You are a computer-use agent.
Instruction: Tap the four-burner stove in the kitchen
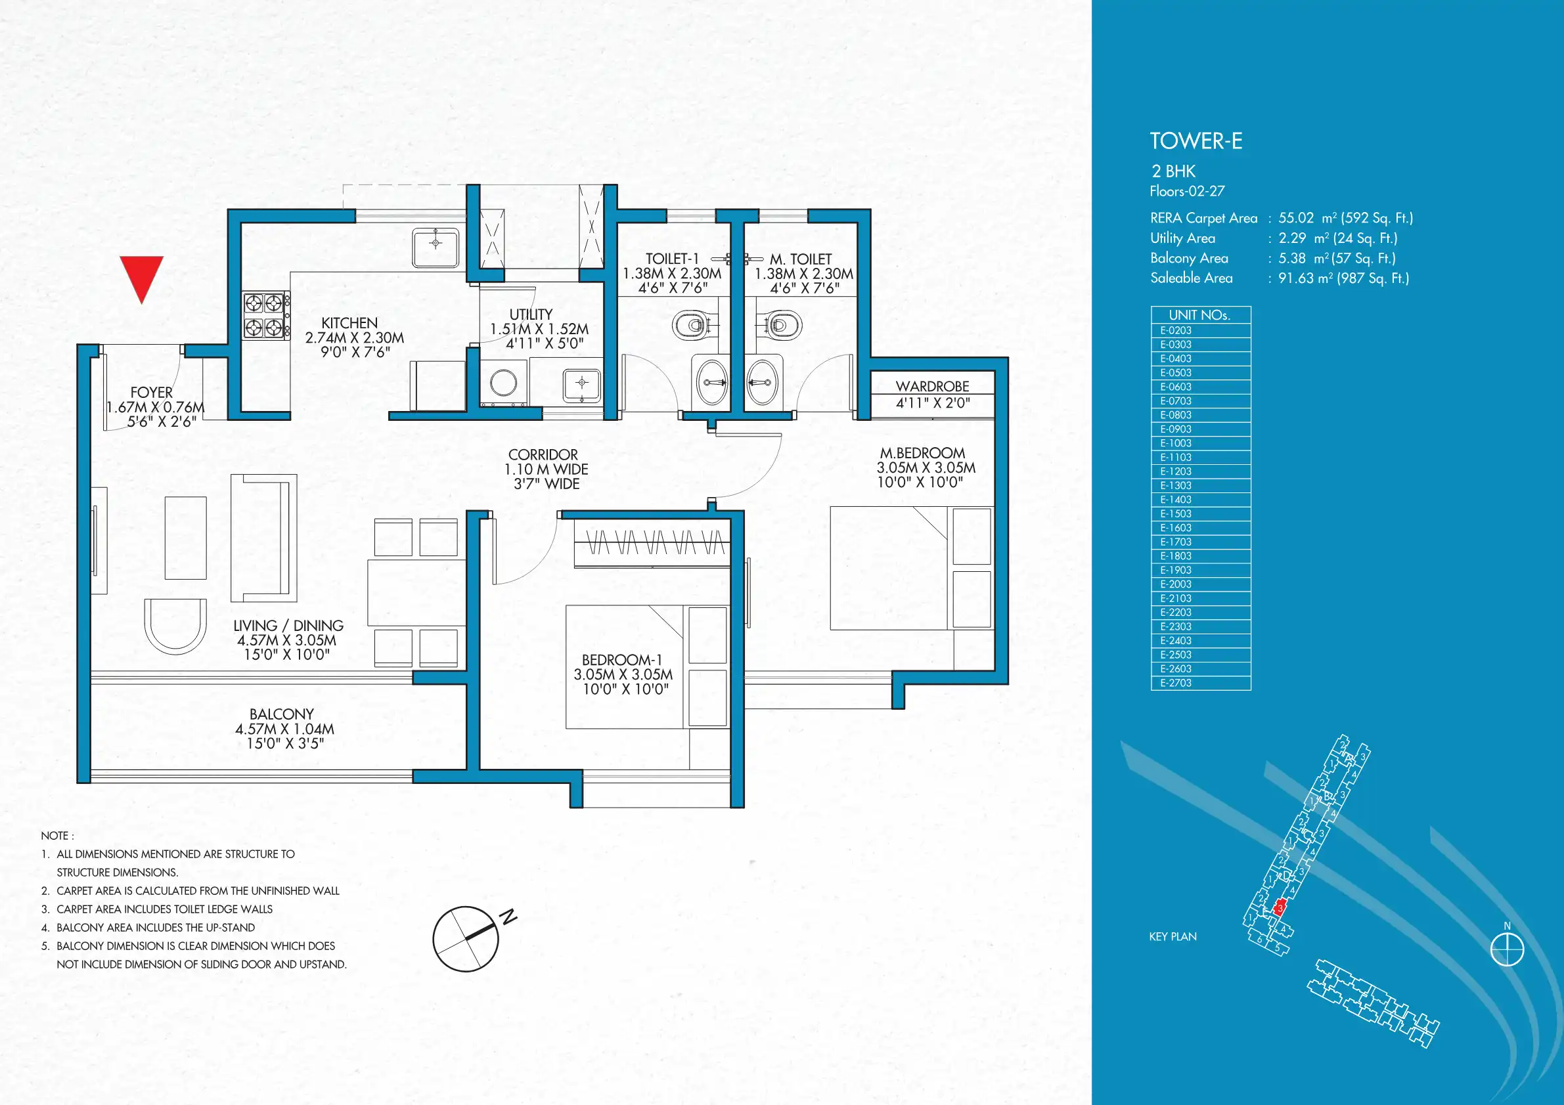tap(265, 315)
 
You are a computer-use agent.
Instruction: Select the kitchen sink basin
tap(436, 248)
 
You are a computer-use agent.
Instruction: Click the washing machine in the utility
tap(503, 383)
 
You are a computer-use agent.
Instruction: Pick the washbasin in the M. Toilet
tap(762, 382)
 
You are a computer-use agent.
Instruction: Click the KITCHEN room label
tap(349, 323)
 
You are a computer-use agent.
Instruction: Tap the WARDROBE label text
tap(932, 386)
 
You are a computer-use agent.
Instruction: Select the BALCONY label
tap(281, 714)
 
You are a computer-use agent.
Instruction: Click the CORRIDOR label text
tap(543, 454)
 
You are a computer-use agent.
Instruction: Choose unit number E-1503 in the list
tap(1176, 513)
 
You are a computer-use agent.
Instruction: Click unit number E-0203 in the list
tap(1176, 330)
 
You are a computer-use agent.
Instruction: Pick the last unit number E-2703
tap(1176, 683)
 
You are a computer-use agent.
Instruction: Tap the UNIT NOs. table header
tap(1199, 314)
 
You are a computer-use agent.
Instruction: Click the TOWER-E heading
tap(1196, 141)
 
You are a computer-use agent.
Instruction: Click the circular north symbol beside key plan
tap(1508, 950)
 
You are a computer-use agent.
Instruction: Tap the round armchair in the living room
tap(175, 625)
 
